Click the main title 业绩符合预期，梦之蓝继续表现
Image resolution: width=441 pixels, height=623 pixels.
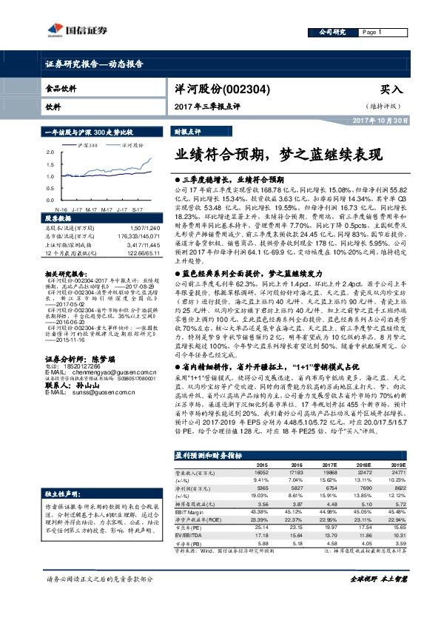[x=277, y=156]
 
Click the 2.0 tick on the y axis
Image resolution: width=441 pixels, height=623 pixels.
[x=51, y=152]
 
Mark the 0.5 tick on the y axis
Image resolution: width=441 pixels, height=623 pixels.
[x=51, y=188]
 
